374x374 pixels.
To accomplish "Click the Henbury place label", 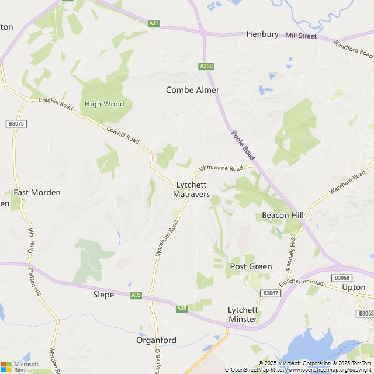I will coord(262,34).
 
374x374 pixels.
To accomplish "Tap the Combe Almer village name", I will coord(192,90).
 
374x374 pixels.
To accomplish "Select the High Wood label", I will coord(105,104).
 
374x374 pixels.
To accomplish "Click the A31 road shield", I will coord(154,23).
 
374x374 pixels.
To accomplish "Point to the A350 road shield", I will coord(206,66).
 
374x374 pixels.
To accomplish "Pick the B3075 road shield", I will coord(17,123).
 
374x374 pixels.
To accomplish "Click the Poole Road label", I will coord(243,146).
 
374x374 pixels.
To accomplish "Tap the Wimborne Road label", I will coord(220,168).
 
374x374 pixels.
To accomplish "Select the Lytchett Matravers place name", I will coord(192,189).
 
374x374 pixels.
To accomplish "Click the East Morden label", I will coord(37,192).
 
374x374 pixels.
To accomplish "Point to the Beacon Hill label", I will coord(283,215).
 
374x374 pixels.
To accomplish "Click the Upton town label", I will coord(354,288).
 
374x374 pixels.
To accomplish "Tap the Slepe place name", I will coord(103,295).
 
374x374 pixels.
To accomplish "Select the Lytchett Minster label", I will coord(243,314).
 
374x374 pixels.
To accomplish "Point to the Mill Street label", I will coord(301,36).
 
